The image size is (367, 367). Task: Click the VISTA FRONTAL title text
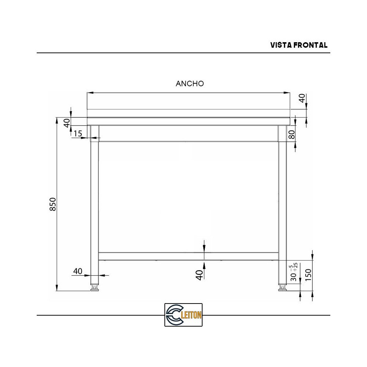pyautogui.click(x=299, y=45)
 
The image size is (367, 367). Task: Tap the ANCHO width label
pyautogui.click(x=190, y=84)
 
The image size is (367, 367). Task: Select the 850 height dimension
pyautogui.click(x=53, y=204)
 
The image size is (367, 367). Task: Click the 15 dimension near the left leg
pyautogui.click(x=78, y=134)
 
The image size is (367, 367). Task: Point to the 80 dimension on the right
pyautogui.click(x=292, y=135)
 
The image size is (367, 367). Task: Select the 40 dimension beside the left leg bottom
pyautogui.click(x=77, y=271)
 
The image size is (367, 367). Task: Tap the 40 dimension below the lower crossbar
pyautogui.click(x=199, y=275)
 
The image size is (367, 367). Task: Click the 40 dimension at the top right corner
pyautogui.click(x=302, y=98)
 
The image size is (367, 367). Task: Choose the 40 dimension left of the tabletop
pyautogui.click(x=67, y=123)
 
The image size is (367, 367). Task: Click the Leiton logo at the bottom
pyautogui.click(x=183, y=315)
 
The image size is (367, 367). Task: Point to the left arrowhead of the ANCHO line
pyautogui.click(x=89, y=93)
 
